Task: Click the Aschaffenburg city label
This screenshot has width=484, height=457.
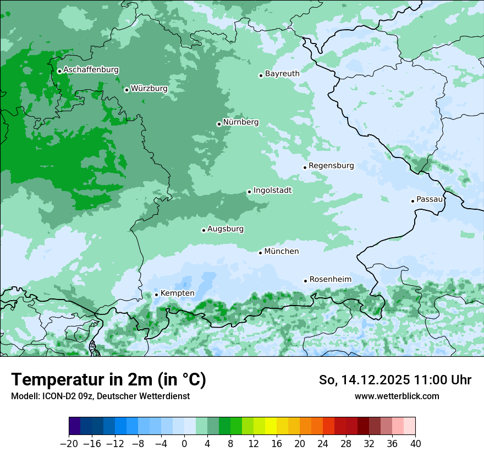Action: (x=91, y=70)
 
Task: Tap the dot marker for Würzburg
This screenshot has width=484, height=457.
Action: (x=127, y=90)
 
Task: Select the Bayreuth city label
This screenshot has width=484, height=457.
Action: (x=282, y=74)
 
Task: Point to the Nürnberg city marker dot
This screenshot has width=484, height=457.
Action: (x=219, y=124)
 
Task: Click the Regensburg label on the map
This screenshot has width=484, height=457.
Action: (x=331, y=166)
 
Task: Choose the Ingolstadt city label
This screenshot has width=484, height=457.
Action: (x=272, y=191)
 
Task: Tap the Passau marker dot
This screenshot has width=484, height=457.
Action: (x=413, y=201)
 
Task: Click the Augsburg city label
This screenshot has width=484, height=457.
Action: (x=226, y=229)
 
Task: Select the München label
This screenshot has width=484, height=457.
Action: (x=282, y=252)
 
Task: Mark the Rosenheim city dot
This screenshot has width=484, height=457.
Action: (x=305, y=281)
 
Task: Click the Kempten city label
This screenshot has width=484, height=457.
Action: (x=177, y=293)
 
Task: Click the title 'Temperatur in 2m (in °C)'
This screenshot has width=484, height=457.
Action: (x=108, y=379)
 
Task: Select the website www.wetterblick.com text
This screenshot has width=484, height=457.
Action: (x=397, y=396)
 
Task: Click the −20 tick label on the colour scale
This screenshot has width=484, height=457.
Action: (x=69, y=444)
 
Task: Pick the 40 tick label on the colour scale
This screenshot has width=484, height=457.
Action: (x=415, y=444)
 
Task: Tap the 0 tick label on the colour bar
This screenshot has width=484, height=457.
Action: (x=184, y=444)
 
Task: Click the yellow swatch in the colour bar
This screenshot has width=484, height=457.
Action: (x=271, y=426)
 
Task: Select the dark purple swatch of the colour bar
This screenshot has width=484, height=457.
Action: (x=75, y=426)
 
